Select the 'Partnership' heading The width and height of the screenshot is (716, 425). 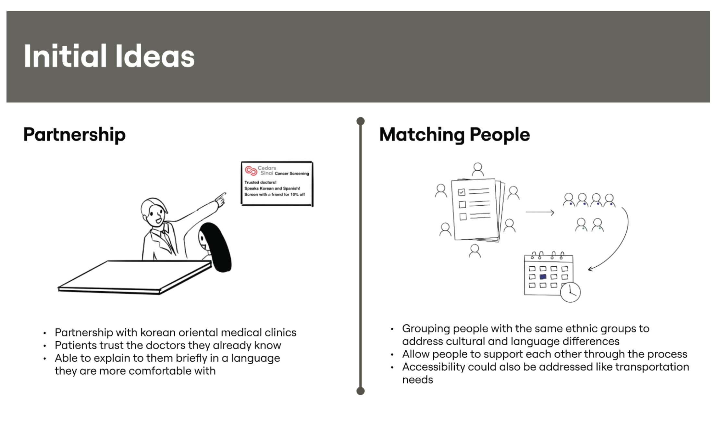(74, 135)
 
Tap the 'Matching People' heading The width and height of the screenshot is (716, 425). (454, 135)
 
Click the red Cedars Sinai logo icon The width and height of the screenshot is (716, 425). (251, 170)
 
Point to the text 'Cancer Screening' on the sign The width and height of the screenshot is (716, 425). (292, 174)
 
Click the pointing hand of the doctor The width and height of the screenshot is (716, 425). (221, 199)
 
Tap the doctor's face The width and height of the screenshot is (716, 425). (155, 215)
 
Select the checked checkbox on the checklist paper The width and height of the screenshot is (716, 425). (462, 192)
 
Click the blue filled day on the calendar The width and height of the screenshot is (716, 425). (543, 277)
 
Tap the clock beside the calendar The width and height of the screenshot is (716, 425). (570, 292)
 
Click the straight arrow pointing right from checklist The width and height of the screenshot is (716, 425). (540, 212)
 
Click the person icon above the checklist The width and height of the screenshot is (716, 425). (478, 169)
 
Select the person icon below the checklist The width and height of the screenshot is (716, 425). (475, 251)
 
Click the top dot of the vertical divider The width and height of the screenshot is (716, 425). (360, 121)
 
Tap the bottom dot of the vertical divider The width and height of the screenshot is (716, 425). (360, 391)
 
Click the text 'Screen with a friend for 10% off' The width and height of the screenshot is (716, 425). (275, 195)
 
